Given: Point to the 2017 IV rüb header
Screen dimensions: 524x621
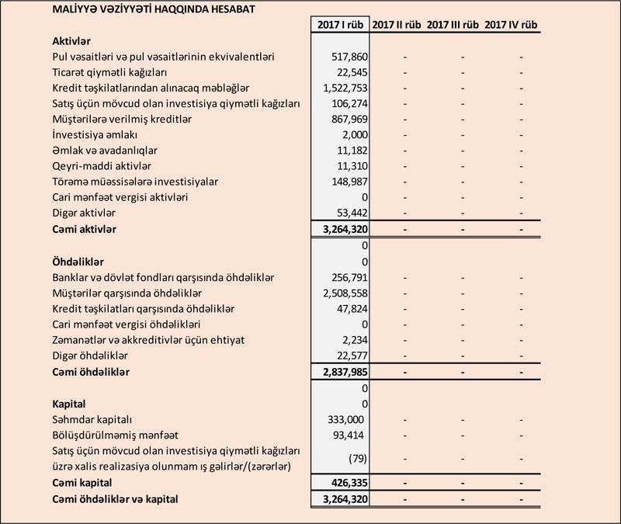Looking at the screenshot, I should pos(512,25).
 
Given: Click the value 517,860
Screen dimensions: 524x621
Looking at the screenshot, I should pos(349,57).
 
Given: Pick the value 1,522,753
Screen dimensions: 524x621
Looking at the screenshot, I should pos(343,88).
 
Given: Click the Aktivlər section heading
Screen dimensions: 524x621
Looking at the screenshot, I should pos(72,41).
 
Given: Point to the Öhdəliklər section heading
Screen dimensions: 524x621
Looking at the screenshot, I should pos(78,262).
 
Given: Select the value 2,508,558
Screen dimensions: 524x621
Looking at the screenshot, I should pos(343,293).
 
